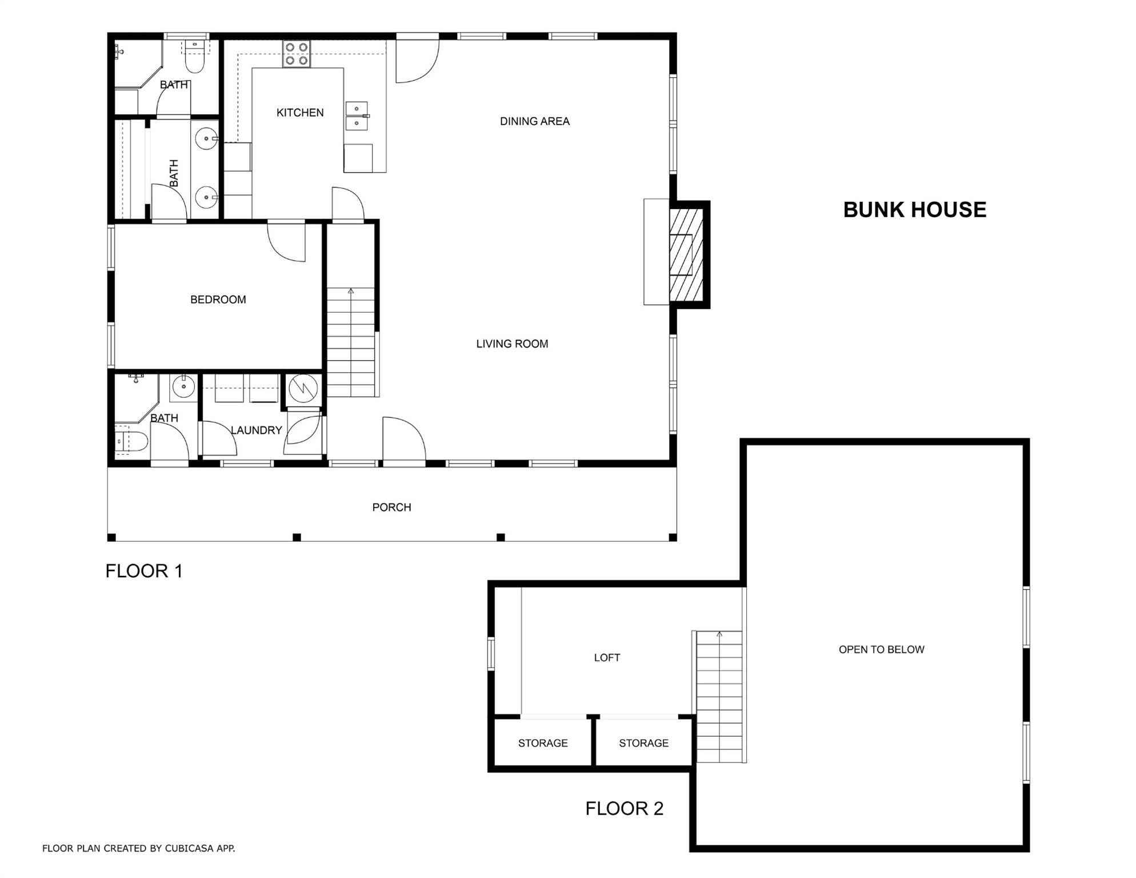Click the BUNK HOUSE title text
[914, 210]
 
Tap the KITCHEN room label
[300, 113]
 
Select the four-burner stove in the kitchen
[297, 54]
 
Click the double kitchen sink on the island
[357, 116]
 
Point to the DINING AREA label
[534, 121]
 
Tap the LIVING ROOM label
[512, 344]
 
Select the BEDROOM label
[218, 300]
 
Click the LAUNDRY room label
[256, 430]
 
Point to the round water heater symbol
[303, 389]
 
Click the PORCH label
[391, 507]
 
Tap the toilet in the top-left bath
[194, 59]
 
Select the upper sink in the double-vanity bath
[206, 139]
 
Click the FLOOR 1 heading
[144, 570]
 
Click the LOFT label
[606, 657]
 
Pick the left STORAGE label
[542, 743]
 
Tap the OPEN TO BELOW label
[881, 649]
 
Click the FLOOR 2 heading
[624, 808]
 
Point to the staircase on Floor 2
[719, 697]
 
